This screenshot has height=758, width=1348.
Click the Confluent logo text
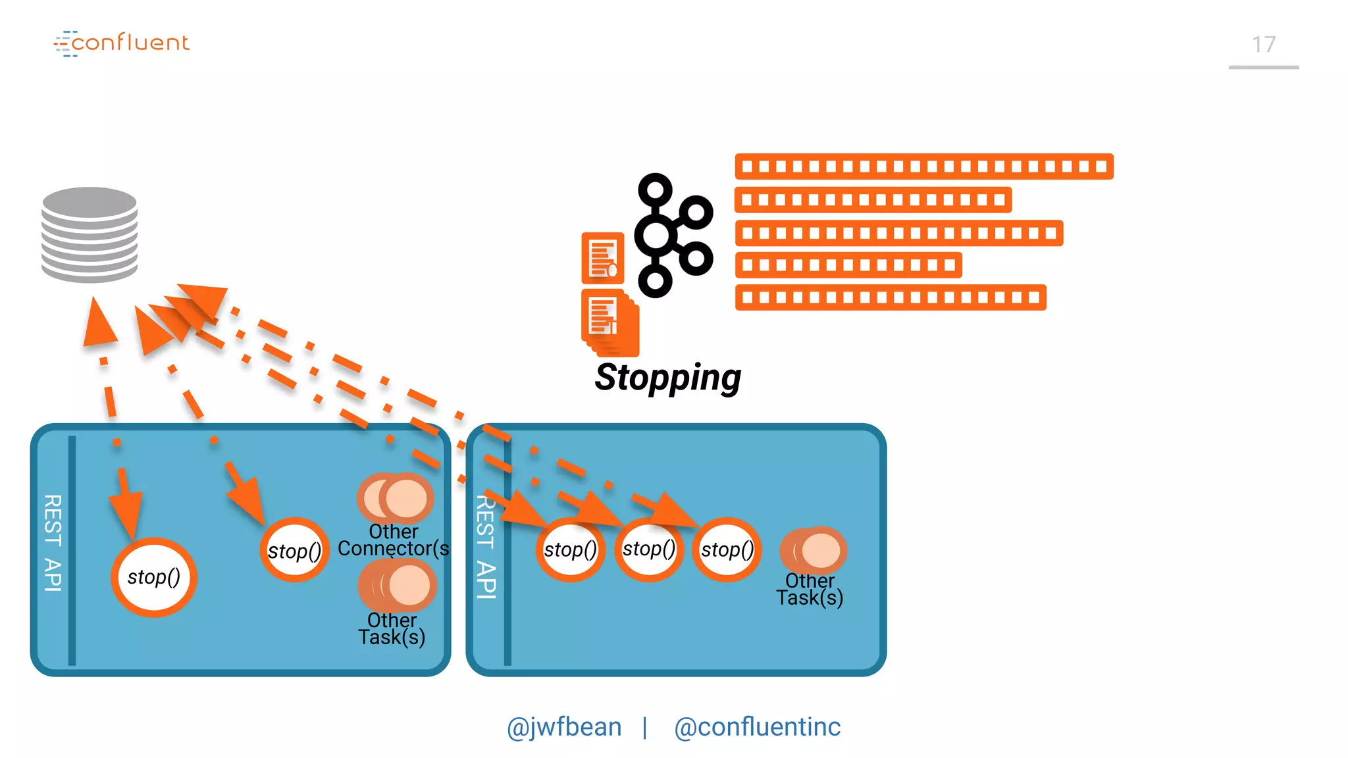tap(130, 43)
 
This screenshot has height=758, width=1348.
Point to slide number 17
tap(1263, 45)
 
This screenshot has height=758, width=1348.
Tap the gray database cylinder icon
tap(90, 234)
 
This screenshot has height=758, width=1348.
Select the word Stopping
tap(667, 378)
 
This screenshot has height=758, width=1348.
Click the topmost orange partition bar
tap(923, 166)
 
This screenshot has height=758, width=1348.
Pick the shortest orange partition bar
tap(848, 265)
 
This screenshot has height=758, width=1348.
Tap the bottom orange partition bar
tap(890, 297)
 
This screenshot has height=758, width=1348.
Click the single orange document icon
tap(602, 258)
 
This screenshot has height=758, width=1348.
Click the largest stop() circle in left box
tap(154, 577)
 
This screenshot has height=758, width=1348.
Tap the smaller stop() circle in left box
tap(294, 551)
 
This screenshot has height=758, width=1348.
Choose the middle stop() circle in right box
tap(649, 549)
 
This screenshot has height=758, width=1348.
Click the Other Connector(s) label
tap(393, 540)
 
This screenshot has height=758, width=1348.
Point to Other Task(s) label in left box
tap(392, 629)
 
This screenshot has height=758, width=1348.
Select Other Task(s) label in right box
tap(810, 590)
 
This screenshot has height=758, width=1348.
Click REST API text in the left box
tap(53, 543)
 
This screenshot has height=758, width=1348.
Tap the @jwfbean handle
tap(564, 727)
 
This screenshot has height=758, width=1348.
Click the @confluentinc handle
tap(757, 727)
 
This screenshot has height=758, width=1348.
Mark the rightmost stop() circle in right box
tap(727, 549)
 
